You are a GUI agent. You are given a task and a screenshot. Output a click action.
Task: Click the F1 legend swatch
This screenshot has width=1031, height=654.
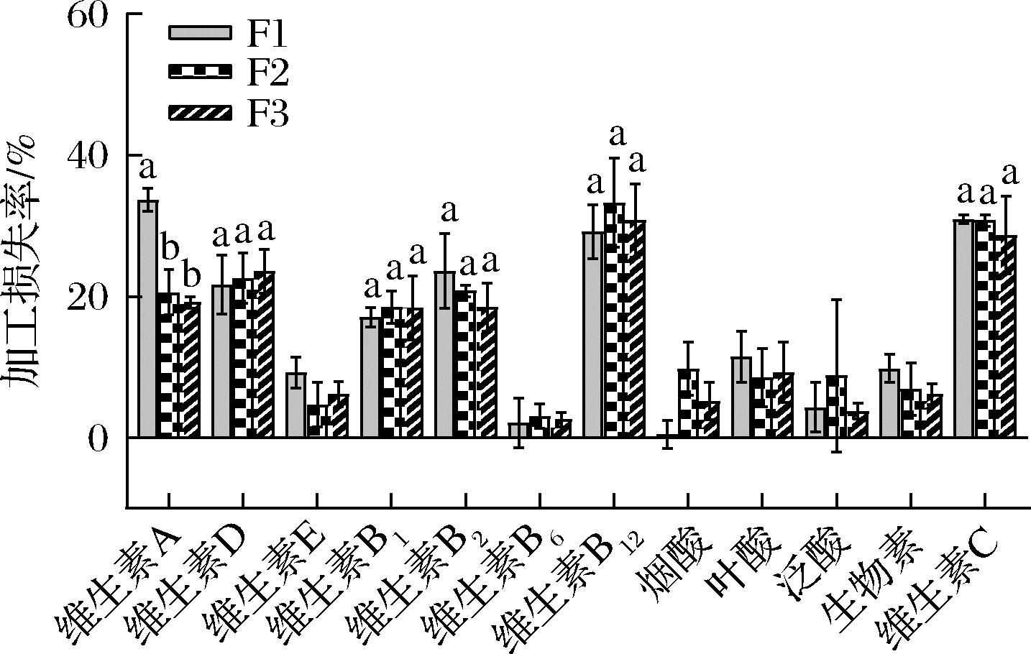201,32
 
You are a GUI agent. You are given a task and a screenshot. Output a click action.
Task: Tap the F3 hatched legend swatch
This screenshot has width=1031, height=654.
201,113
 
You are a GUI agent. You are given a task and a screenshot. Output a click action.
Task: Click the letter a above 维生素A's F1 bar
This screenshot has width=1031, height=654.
147,168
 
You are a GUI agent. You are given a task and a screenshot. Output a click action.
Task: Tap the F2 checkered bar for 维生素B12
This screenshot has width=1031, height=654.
614,321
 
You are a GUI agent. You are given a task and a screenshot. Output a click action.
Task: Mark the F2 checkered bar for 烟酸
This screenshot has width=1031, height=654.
689,403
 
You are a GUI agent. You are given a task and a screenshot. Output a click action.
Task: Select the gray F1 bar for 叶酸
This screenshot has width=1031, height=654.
741,397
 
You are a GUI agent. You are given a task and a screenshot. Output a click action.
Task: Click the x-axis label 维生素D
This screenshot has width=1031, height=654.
187,582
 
